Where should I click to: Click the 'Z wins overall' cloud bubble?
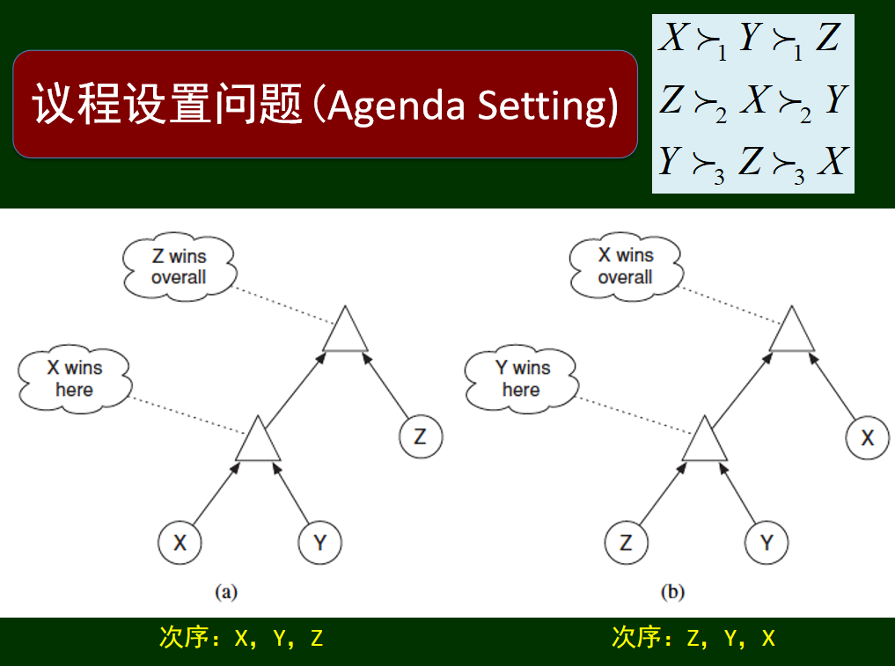(179, 267)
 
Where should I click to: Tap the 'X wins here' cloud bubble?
(75, 378)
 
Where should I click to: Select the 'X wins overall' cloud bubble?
(626, 267)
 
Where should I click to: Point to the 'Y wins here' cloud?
(522, 378)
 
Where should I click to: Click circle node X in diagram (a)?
(180, 543)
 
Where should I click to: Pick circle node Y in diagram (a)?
(319, 543)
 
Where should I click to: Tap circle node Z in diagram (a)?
(421, 436)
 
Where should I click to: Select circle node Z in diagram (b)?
(626, 543)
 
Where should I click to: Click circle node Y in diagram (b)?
(767, 543)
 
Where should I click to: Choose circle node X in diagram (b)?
(868, 436)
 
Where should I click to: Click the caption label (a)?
(226, 592)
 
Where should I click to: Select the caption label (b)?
(673, 592)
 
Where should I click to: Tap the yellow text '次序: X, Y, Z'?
(241, 638)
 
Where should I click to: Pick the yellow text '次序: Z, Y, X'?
(693, 638)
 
